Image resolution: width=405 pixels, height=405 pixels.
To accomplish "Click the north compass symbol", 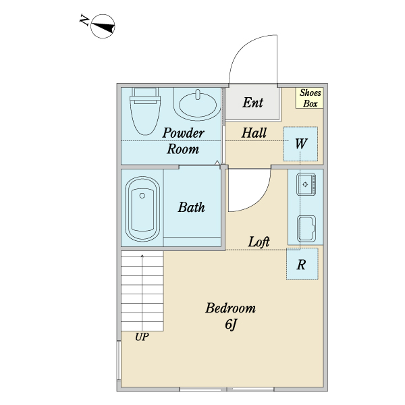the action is click(103, 26).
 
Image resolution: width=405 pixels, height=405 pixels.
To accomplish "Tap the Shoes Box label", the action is click(310, 98).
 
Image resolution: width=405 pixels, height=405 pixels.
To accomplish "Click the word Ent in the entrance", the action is click(252, 103).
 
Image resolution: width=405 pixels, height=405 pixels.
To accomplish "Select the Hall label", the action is click(254, 133).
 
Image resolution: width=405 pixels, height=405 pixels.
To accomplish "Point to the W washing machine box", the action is click(300, 144).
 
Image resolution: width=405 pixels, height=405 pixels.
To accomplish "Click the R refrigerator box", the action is click(302, 264).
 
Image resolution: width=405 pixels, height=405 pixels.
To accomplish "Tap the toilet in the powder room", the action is click(145, 111).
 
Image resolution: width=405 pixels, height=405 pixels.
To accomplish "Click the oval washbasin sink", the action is click(198, 105).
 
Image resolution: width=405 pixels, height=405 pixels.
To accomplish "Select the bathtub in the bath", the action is click(142, 209).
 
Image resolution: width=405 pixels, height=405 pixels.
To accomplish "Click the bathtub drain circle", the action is click(142, 196).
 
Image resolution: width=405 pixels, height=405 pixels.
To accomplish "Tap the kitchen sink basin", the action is click(306, 184).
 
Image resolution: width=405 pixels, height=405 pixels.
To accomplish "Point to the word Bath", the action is click(191, 207).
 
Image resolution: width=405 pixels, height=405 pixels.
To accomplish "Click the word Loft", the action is click(259, 242).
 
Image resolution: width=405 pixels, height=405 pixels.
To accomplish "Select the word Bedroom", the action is click(230, 308).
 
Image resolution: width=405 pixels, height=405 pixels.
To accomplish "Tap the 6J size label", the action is click(231, 325).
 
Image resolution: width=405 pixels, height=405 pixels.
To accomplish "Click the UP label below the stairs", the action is click(142, 337).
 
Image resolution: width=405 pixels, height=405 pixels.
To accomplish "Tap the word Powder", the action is click(183, 133).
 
